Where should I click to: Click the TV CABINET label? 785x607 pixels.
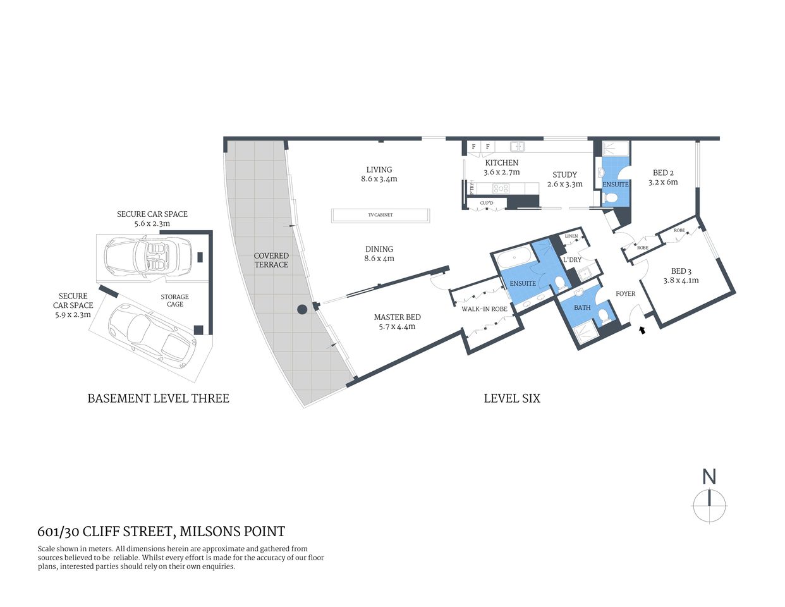tap(380, 215)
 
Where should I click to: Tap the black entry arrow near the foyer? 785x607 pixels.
tap(643, 329)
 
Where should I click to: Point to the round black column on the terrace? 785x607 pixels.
tap(303, 309)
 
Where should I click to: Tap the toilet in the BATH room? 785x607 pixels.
tap(602, 314)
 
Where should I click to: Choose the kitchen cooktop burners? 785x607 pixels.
tap(501, 188)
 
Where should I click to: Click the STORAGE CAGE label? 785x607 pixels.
tap(175, 300)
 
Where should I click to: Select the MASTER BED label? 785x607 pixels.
tap(397, 317)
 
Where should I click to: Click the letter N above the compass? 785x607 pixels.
tap(709, 476)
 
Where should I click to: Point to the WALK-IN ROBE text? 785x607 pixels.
tap(484, 309)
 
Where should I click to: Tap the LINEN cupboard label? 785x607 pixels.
tap(571, 236)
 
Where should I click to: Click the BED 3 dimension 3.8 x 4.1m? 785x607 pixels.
tap(681, 280)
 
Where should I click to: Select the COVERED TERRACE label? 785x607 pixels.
tap(271, 260)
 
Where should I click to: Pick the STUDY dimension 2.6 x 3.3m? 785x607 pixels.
tap(564, 184)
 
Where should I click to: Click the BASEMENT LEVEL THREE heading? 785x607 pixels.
tap(158, 398)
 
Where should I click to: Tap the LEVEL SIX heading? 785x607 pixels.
tap(512, 398)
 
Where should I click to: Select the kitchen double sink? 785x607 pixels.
tap(518, 147)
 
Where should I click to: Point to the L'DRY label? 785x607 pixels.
tap(572, 260)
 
